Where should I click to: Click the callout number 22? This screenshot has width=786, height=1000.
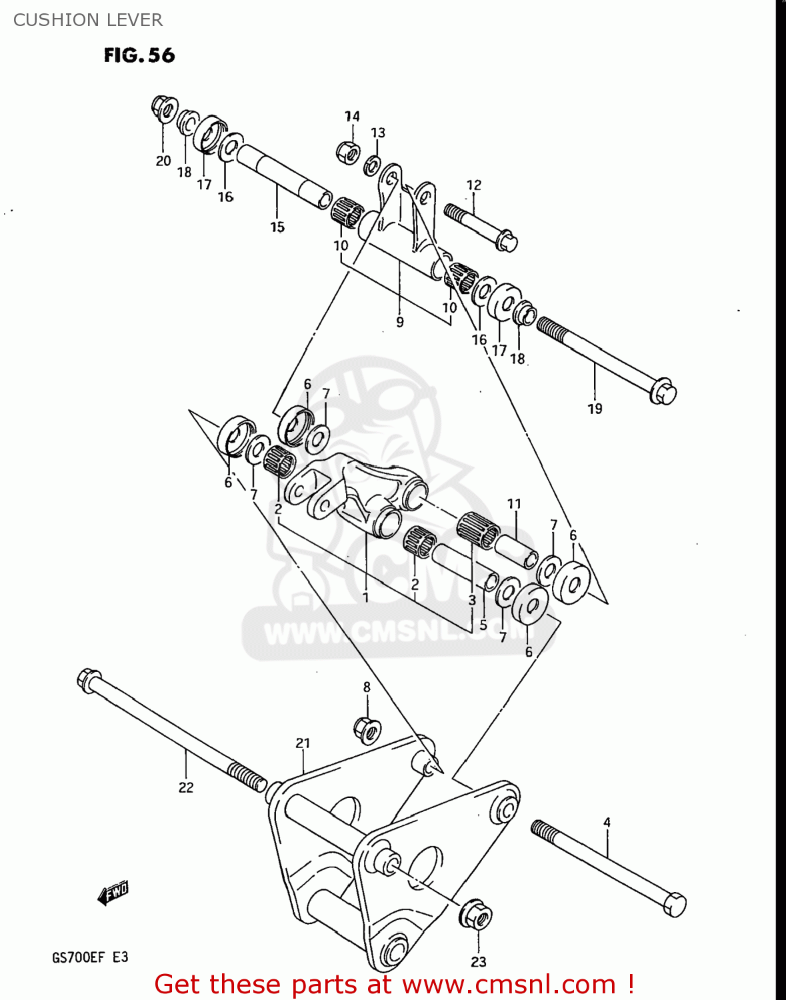[x=186, y=787]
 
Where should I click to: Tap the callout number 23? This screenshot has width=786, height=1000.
[x=479, y=961]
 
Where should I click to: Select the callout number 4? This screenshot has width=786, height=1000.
[x=607, y=823]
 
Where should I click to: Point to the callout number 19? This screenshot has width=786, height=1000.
[x=595, y=409]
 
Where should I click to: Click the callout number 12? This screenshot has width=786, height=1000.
[x=474, y=185]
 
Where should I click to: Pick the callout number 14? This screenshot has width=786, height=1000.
[x=352, y=116]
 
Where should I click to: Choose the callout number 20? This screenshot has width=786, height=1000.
[x=163, y=161]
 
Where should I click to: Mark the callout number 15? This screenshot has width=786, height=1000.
[x=277, y=227]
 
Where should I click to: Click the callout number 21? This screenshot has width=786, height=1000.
[x=303, y=743]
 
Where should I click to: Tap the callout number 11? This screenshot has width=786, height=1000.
[x=514, y=503]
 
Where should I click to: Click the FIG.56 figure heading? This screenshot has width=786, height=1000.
[x=139, y=55]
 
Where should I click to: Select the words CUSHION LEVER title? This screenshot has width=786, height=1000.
[x=88, y=20]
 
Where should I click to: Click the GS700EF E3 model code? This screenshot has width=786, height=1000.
[x=90, y=957]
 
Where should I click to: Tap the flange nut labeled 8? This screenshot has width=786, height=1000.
[x=366, y=729]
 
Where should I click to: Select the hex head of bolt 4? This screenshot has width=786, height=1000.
[x=675, y=904]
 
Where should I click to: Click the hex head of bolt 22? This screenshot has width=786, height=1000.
[x=89, y=680]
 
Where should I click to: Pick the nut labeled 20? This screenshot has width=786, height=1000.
[x=163, y=108]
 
